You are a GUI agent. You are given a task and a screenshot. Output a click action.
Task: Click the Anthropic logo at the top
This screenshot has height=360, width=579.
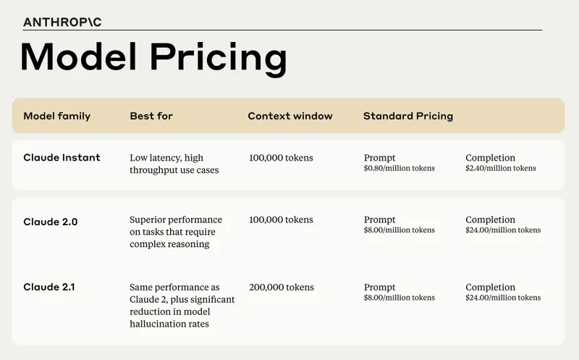pyautogui.click(x=62, y=22)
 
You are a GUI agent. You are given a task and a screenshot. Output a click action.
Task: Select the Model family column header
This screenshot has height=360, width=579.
pyautogui.click(x=56, y=116)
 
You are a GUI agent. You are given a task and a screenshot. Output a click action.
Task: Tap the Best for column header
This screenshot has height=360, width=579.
pyautogui.click(x=151, y=116)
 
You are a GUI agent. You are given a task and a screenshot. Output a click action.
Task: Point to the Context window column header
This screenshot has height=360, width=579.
pyautogui.click(x=290, y=116)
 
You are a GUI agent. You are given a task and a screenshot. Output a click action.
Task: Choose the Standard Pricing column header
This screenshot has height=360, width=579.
pyautogui.click(x=407, y=116)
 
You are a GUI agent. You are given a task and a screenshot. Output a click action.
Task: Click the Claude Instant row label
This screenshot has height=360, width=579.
pyautogui.click(x=62, y=158)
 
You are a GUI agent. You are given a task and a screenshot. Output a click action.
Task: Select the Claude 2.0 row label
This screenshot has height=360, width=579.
pyautogui.click(x=50, y=222)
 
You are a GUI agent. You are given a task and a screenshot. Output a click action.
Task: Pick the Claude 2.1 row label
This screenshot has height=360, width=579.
pyautogui.click(x=49, y=288)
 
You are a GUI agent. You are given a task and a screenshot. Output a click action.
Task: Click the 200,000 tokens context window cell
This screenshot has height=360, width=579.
pyautogui.click(x=281, y=288)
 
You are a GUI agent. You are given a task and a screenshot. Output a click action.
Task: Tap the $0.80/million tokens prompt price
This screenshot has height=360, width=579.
pyautogui.click(x=399, y=169)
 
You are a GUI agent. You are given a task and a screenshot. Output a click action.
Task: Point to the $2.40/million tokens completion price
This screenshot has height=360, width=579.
pyautogui.click(x=501, y=169)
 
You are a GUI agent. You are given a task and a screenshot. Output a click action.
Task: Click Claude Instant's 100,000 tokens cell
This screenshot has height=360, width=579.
pyautogui.click(x=281, y=158)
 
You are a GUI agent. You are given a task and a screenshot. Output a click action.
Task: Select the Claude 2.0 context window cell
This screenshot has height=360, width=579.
pyautogui.click(x=281, y=219)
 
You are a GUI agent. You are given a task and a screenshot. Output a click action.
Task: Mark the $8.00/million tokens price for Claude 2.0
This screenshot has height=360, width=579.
pyautogui.click(x=399, y=230)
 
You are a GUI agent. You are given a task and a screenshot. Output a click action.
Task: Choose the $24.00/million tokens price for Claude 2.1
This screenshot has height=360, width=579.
pyautogui.click(x=503, y=298)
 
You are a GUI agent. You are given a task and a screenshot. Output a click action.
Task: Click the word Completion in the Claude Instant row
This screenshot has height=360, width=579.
pyautogui.click(x=491, y=158)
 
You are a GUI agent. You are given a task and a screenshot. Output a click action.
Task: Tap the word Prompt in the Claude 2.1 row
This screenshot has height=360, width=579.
pyautogui.click(x=380, y=288)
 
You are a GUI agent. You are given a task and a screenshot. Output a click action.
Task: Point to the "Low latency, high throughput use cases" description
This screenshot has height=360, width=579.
pyautogui.click(x=166, y=164)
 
